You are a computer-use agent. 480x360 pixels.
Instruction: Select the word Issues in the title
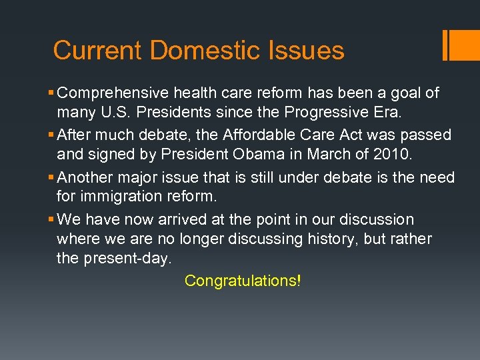[x=306, y=51]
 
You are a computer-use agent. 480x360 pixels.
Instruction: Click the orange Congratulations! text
[x=243, y=281]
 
